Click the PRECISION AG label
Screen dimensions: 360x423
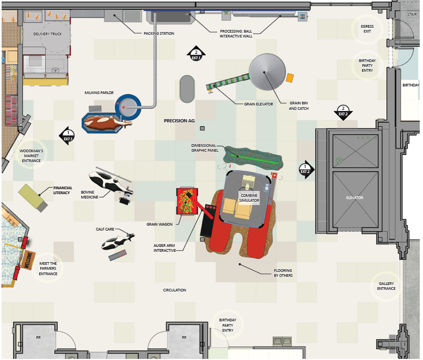pyautogui.click(x=179, y=121)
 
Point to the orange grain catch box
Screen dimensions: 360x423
pyautogui.click(x=290, y=78)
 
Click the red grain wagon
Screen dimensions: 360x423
pyautogui.click(x=186, y=201)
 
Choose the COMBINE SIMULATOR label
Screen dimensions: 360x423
pyautogui.click(x=249, y=197)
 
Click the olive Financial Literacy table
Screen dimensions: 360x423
pyautogui.click(x=33, y=197)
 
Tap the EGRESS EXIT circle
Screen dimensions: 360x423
pyautogui.click(x=367, y=29)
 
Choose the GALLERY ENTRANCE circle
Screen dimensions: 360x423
pyautogui.click(x=387, y=285)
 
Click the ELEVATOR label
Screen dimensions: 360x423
pyautogui.click(x=355, y=197)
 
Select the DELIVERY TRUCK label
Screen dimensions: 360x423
pyautogui.click(x=48, y=34)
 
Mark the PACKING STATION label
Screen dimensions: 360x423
pyautogui.click(x=159, y=34)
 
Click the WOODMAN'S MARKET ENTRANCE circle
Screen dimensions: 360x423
pyautogui.click(x=31, y=155)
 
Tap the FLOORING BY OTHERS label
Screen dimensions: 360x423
pyautogui.click(x=283, y=272)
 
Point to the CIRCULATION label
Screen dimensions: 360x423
pyautogui.click(x=175, y=290)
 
